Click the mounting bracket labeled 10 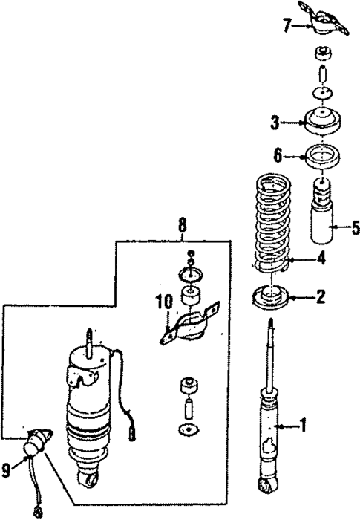(x=192, y=327)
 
